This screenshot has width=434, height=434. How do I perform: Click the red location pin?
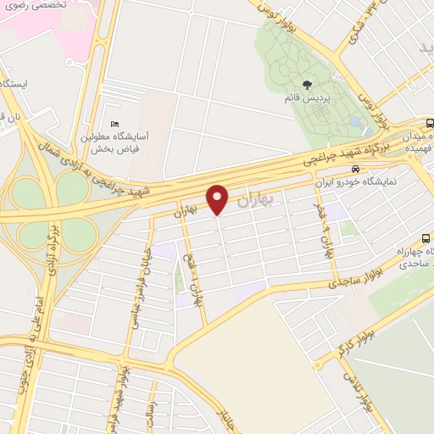(x=219, y=199)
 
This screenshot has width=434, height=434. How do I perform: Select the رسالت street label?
(x=151, y=411)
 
